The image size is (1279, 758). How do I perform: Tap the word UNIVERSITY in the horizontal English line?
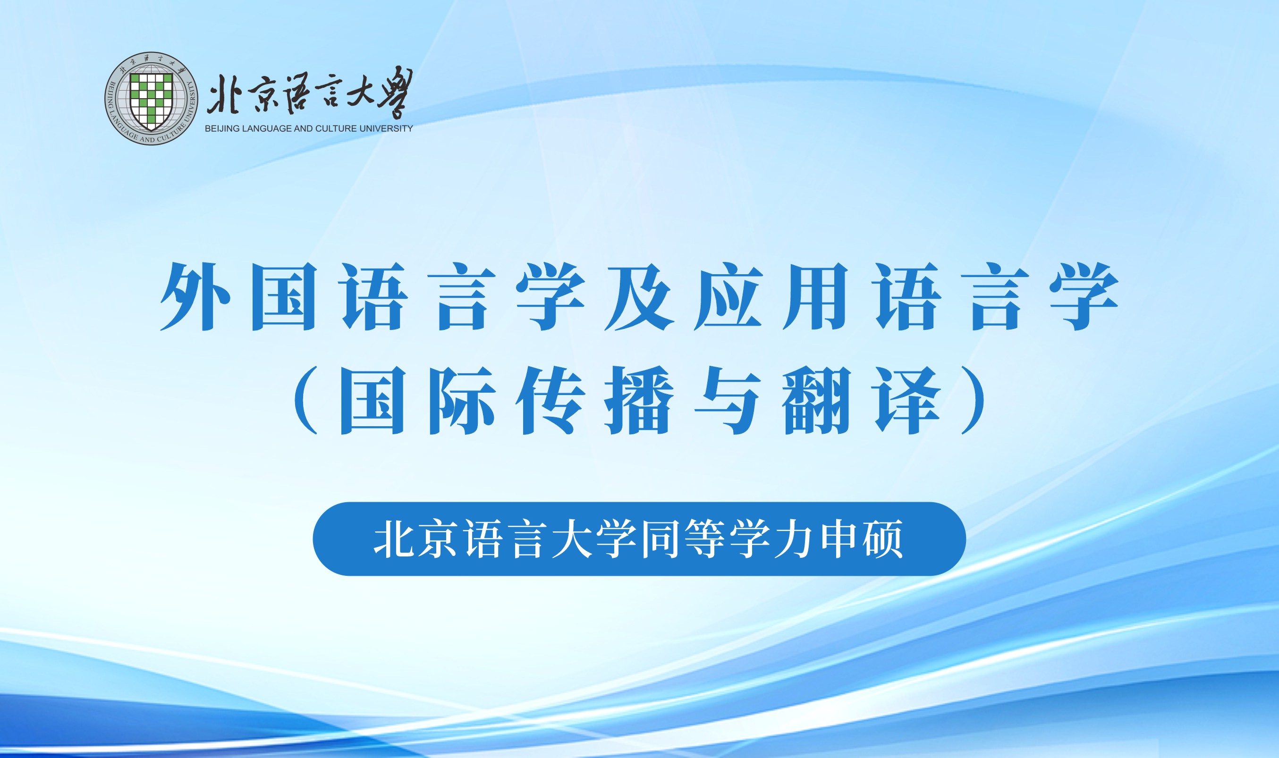[x=386, y=129]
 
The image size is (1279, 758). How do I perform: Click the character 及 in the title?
[x=639, y=297]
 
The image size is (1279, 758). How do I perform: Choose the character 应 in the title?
[x=728, y=297]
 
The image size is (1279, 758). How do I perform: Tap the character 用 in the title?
[x=816, y=297]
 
